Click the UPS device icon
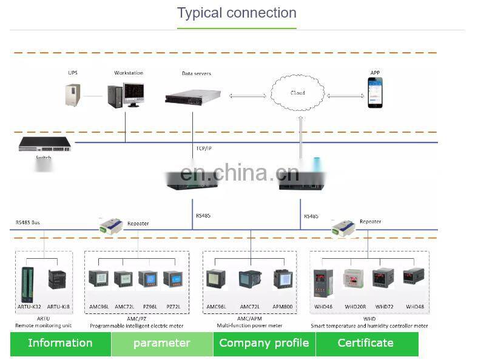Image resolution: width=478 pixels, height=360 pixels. click(x=73, y=95)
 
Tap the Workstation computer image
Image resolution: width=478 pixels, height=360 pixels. click(x=126, y=95)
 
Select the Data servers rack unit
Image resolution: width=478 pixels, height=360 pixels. click(x=193, y=96)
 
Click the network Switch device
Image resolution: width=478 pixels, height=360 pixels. click(x=44, y=144)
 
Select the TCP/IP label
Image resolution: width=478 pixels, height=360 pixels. click(x=204, y=148)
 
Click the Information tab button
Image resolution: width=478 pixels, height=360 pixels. click(x=60, y=343)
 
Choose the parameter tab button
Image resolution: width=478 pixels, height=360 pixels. click(x=162, y=343)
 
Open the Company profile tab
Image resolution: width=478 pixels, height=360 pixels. click(x=264, y=343)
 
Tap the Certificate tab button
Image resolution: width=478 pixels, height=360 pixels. click(x=366, y=343)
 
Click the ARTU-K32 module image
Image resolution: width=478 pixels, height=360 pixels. click(x=27, y=283)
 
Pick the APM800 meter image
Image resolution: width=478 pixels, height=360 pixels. click(x=283, y=279)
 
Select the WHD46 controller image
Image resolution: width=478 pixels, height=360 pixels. click(x=323, y=283)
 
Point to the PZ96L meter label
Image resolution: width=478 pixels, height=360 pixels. click(x=147, y=307)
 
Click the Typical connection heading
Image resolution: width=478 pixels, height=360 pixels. click(x=237, y=13)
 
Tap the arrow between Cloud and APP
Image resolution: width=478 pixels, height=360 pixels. click(x=345, y=96)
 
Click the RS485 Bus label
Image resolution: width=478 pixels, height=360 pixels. click(x=27, y=222)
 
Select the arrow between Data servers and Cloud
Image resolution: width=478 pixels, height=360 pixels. click(x=247, y=96)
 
